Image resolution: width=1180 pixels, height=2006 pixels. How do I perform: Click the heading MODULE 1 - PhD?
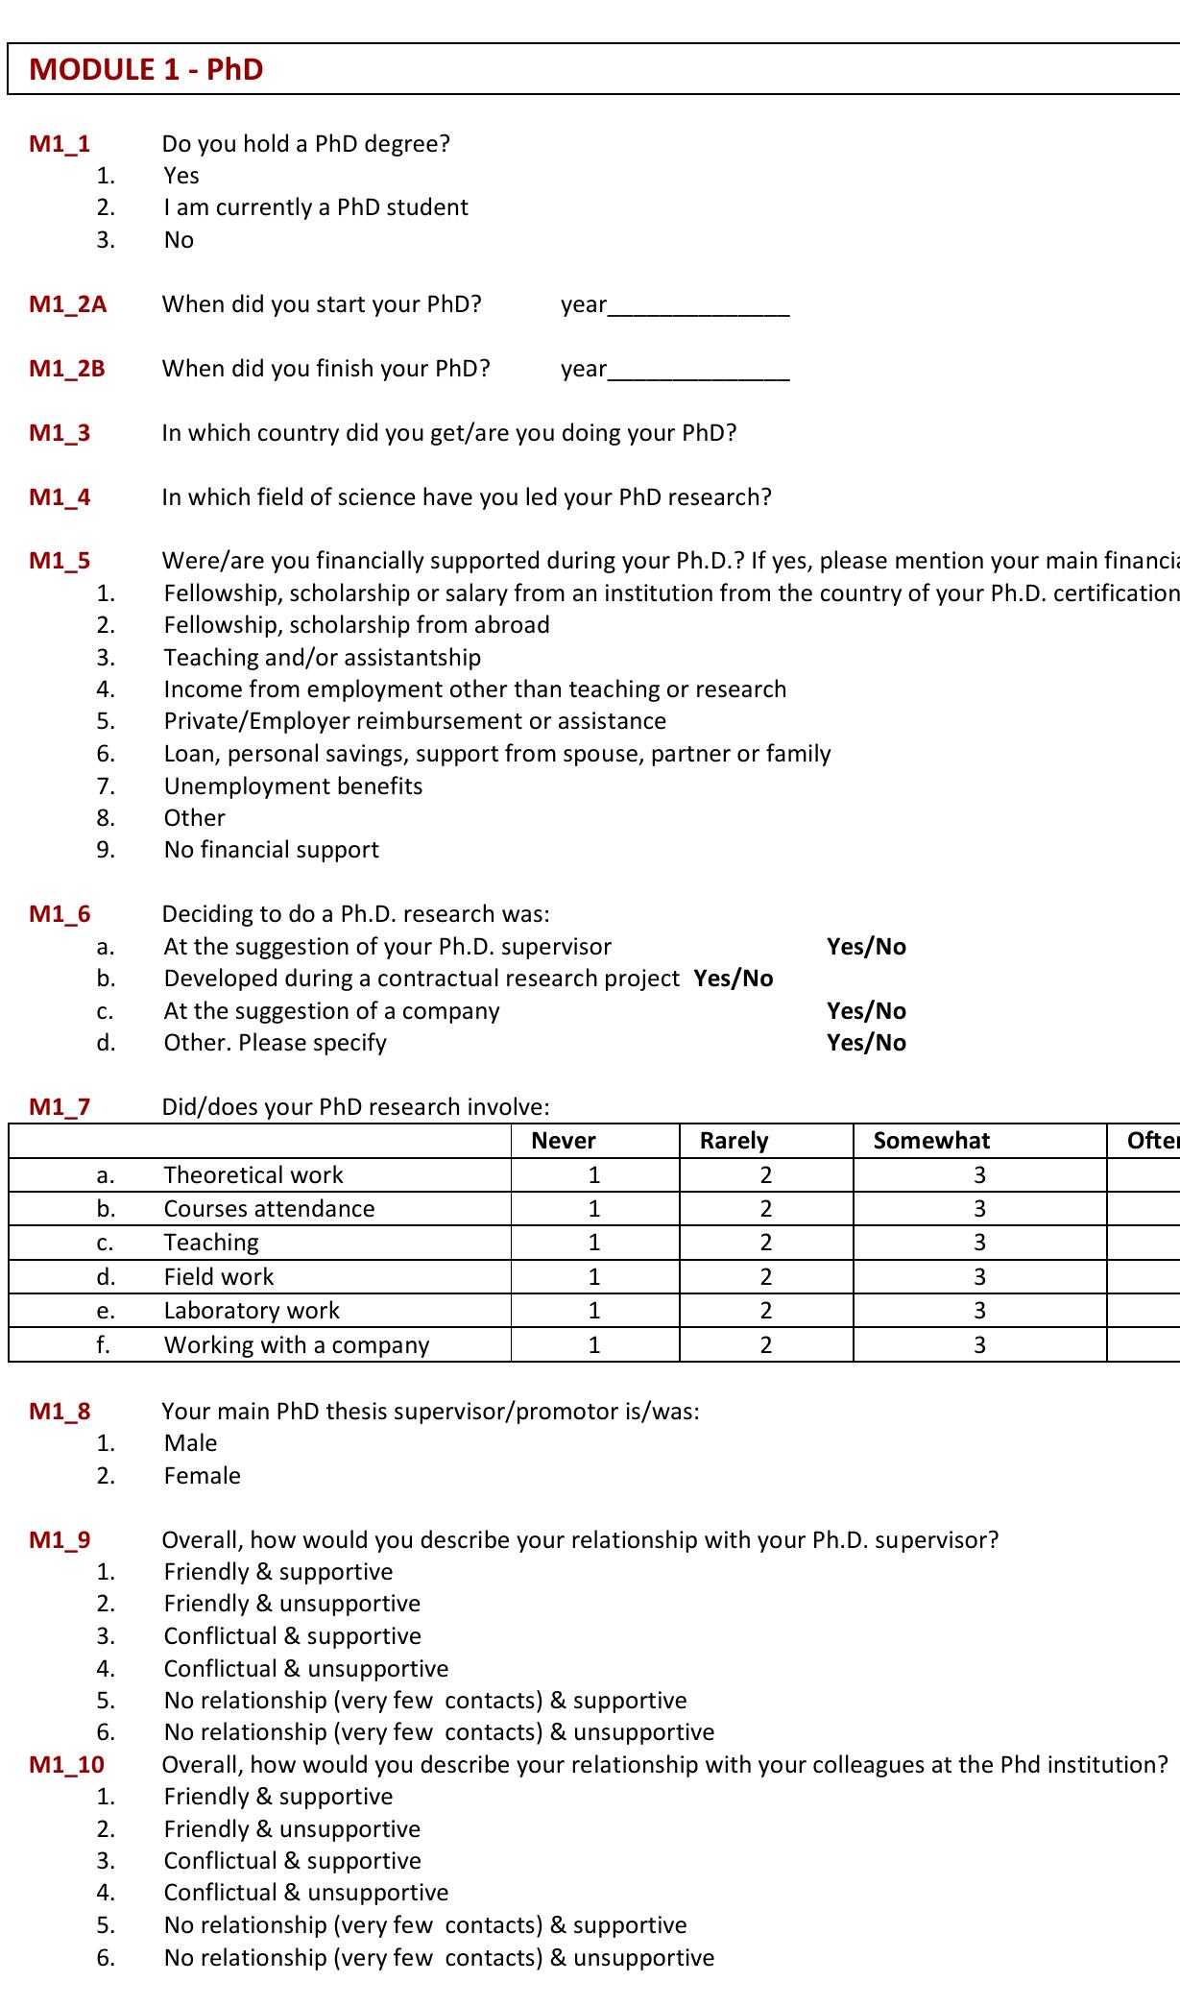click(x=146, y=69)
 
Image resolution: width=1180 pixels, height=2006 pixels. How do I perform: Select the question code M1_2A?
click(x=67, y=304)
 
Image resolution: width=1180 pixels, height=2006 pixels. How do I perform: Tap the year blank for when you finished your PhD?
click(x=698, y=370)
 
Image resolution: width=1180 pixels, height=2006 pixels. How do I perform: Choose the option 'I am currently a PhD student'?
click(x=316, y=207)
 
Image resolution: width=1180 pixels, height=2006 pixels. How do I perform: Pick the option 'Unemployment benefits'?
click(x=293, y=785)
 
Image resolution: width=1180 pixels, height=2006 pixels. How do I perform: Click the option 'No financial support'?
click(x=271, y=850)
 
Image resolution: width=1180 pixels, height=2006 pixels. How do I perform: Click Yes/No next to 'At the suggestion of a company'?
click(x=866, y=1010)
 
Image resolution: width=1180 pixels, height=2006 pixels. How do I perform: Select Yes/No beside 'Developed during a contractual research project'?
click(x=734, y=979)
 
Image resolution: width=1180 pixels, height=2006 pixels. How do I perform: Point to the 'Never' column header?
click(x=564, y=1141)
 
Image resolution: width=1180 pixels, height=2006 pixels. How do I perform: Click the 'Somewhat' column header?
click(x=931, y=1141)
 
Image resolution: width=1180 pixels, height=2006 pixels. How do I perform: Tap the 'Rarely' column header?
click(x=734, y=1141)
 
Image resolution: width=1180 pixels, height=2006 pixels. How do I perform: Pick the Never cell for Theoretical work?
click(x=594, y=1175)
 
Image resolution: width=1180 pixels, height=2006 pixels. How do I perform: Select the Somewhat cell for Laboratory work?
click(x=979, y=1311)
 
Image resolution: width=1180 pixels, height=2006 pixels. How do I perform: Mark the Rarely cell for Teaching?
click(x=765, y=1243)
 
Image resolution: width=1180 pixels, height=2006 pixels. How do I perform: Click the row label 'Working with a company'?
click(x=296, y=1344)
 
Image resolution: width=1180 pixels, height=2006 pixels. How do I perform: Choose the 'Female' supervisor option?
click(x=202, y=1475)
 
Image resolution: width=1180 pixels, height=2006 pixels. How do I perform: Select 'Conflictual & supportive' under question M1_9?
click(x=292, y=1635)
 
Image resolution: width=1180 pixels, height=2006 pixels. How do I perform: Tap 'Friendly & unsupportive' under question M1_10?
click(x=292, y=1828)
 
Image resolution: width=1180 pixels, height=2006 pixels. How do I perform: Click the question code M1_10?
click(x=66, y=1764)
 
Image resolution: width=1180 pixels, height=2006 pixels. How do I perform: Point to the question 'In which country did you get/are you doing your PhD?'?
click(x=448, y=433)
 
